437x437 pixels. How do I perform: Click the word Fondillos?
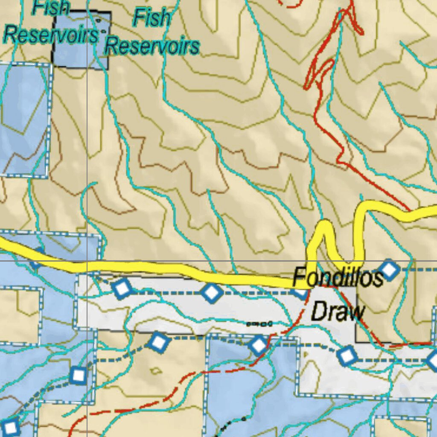click(x=338, y=278)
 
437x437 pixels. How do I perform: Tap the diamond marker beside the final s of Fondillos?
click(x=389, y=270)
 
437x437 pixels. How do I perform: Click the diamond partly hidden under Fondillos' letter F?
click(x=300, y=292)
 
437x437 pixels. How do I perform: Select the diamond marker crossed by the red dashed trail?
click(x=259, y=345)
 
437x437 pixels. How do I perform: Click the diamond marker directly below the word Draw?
click(x=347, y=355)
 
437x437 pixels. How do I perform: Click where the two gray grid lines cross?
click(x=87, y=261)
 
